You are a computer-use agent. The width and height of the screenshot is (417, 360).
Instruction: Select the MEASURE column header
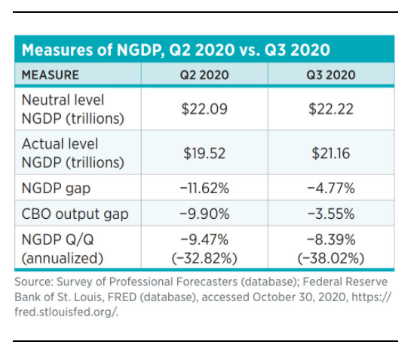pyautogui.click(x=51, y=75)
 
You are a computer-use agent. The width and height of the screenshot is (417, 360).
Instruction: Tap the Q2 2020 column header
pyautogui.click(x=204, y=75)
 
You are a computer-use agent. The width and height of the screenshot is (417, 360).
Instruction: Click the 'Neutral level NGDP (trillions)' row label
pyautogui.click(x=63, y=109)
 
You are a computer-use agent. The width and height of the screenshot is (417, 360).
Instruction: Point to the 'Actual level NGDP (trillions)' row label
pyautogui.click(x=63, y=152)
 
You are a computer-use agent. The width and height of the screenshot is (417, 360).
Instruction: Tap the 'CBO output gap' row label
pyautogui.click(x=75, y=214)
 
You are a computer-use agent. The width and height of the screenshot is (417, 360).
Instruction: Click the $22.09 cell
pyautogui.click(x=204, y=109)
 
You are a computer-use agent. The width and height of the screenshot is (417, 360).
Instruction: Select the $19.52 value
pyautogui.click(x=204, y=153)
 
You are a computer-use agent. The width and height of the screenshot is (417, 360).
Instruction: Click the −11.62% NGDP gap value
pyautogui.click(x=204, y=187)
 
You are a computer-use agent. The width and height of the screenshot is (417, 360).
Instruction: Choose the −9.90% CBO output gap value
pyautogui.click(x=204, y=214)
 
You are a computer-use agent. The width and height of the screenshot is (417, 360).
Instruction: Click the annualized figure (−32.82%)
pyautogui.click(x=204, y=257)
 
